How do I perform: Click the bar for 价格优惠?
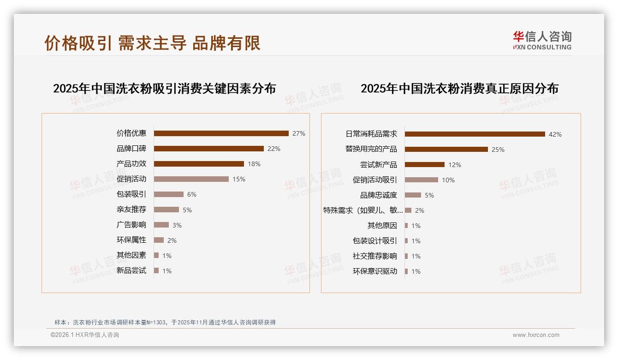pos(221,133)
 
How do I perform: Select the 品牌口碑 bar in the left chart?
pos(208,149)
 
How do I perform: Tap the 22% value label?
pos(274,149)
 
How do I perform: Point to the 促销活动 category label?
pos(131,179)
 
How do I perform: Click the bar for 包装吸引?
pos(168,194)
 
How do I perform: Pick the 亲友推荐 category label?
pos(131,210)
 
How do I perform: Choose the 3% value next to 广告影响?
pos(177,225)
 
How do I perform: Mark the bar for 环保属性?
pos(159,240)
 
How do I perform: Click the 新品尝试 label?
pos(131,270)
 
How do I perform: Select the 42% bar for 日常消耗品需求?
pos(475,134)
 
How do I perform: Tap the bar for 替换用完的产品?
pos(446,150)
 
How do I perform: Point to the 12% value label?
pos(455,165)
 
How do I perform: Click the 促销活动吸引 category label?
pos(375,180)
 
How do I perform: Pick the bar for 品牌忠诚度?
pos(413,195)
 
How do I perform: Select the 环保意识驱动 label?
pos(375,271)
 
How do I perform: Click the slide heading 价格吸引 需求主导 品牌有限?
pos(153,43)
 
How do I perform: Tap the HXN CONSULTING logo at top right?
pos(542,41)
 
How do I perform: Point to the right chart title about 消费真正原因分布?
pos(459,89)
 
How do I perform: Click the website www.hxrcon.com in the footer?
pos(536,335)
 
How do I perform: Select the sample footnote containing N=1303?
pos(165,322)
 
